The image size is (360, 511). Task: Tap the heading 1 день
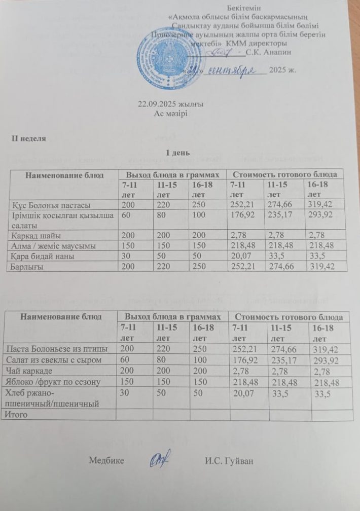point(177,152)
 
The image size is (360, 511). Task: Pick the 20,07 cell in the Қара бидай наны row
point(240,255)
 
